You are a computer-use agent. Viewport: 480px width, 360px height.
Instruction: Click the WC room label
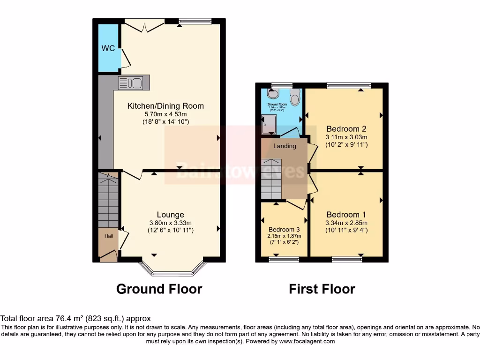108,48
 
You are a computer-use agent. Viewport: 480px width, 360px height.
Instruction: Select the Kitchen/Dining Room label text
165,106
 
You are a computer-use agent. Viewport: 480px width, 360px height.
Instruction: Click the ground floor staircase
108,199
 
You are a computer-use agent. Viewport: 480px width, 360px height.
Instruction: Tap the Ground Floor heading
159,289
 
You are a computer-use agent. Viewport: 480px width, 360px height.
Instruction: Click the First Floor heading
322,289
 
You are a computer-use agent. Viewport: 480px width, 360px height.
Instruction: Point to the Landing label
285,146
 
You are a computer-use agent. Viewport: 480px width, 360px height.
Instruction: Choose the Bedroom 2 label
346,129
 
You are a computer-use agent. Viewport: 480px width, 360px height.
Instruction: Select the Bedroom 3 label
285,229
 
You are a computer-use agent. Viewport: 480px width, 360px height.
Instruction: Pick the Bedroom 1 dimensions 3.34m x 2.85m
346,223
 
